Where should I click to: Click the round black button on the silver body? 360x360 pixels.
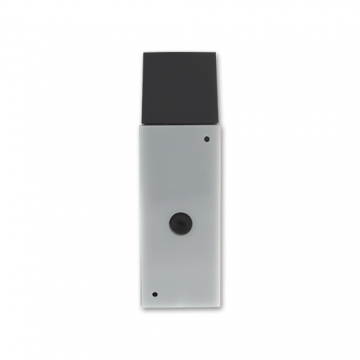[x=181, y=223]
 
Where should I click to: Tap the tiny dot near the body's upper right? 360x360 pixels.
[x=207, y=139]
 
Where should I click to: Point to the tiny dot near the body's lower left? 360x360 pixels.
[x=154, y=294]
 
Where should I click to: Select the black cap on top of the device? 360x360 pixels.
[x=180, y=88]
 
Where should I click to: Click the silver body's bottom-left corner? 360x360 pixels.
[x=142, y=306]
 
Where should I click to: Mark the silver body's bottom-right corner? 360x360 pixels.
[x=219, y=306]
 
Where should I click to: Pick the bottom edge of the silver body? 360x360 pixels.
[x=180, y=306]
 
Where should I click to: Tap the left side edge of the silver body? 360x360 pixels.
[x=142, y=215]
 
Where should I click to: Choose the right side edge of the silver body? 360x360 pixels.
[x=219, y=215]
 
